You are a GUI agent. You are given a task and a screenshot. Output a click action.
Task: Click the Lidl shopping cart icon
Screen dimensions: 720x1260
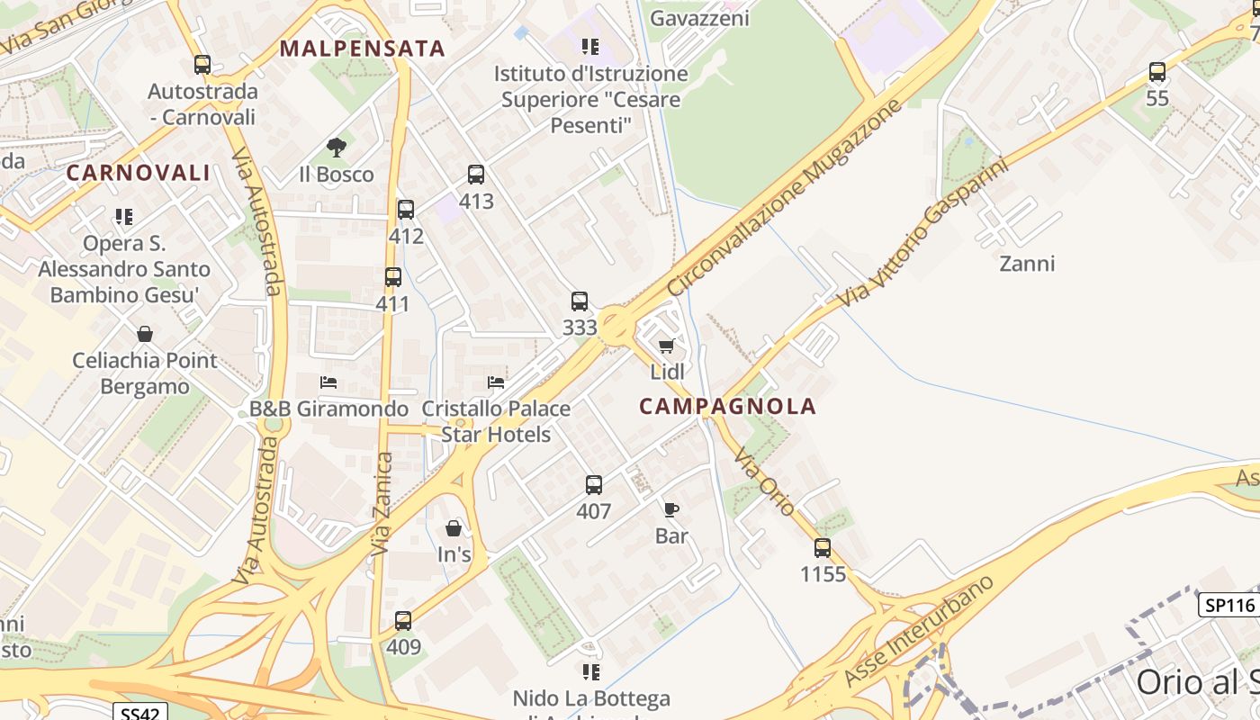[666, 346]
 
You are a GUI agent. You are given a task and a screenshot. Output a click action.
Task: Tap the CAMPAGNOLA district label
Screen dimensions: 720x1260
[727, 406]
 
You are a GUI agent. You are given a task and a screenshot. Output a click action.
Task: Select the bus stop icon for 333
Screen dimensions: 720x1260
[580, 301]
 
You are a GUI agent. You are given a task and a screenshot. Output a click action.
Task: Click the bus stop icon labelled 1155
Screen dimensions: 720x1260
[823, 547]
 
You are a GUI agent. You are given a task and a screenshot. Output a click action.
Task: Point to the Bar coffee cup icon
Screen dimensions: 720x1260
[671, 509]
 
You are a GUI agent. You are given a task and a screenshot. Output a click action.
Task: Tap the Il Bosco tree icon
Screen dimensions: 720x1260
[337, 147]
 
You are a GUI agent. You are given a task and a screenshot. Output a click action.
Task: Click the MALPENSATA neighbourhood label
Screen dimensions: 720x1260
[363, 49]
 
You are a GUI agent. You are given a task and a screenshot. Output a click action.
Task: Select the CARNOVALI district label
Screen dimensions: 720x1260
[138, 173]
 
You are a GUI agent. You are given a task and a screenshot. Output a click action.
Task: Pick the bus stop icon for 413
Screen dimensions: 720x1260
[476, 175]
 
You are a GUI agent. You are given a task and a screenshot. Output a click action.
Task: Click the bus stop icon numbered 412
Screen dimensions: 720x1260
[406, 210]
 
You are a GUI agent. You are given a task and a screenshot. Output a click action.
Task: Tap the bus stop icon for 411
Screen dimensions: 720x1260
[393, 277]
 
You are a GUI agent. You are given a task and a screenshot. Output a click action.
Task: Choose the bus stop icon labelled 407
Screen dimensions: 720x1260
[594, 485]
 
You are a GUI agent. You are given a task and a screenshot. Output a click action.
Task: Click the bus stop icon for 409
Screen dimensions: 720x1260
[403, 620]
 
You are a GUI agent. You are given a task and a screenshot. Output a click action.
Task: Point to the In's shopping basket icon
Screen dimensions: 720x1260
[454, 528]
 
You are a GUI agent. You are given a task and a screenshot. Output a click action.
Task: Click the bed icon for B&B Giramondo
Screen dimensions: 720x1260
[328, 382]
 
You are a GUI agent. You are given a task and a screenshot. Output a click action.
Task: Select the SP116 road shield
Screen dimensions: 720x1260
[1229, 605]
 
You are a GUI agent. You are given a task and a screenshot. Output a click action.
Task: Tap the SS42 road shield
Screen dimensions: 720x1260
[142, 712]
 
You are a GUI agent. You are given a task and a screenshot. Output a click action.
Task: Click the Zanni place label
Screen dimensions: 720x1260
[1027, 264]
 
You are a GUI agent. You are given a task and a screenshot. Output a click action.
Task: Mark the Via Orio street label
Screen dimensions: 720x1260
[765, 482]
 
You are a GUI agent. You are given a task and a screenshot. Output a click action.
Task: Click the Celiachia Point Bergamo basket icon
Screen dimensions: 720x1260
[145, 335]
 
